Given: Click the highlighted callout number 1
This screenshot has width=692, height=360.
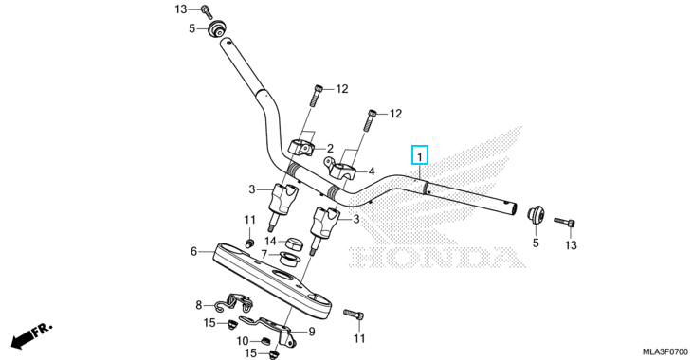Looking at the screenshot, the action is pyautogui.click(x=420, y=156).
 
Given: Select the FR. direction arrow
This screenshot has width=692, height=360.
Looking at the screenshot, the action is pyautogui.click(x=31, y=335).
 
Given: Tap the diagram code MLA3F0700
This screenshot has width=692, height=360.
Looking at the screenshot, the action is pyautogui.click(x=665, y=352).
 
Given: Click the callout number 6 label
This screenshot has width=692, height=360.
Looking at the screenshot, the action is pyautogui.click(x=193, y=251).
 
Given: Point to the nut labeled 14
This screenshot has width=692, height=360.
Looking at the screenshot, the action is pyautogui.click(x=293, y=243).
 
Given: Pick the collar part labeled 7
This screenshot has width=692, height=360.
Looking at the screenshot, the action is pyautogui.click(x=290, y=259).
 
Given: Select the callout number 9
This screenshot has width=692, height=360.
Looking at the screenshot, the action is pyautogui.click(x=312, y=332).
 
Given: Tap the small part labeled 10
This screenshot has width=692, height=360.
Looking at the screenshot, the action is pyautogui.click(x=264, y=341).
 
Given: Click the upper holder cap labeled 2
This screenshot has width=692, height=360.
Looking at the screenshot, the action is pyautogui.click(x=301, y=148).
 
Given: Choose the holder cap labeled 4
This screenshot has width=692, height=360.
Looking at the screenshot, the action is pyautogui.click(x=343, y=169).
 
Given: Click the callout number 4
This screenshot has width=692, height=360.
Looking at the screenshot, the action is pyautogui.click(x=372, y=171).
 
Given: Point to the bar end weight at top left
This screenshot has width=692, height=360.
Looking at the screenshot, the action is pyautogui.click(x=216, y=29).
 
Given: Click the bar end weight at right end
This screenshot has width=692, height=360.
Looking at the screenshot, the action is pyautogui.click(x=536, y=215).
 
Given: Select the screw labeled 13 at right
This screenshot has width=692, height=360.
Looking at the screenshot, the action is pyautogui.click(x=565, y=222).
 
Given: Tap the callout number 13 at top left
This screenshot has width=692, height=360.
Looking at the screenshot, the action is pyautogui.click(x=181, y=9).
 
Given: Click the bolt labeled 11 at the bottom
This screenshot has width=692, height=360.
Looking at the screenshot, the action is pyautogui.click(x=354, y=315).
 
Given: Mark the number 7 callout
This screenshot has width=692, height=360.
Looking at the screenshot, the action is pyautogui.click(x=264, y=255).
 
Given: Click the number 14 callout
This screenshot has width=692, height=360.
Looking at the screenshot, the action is pyautogui.click(x=270, y=242).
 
